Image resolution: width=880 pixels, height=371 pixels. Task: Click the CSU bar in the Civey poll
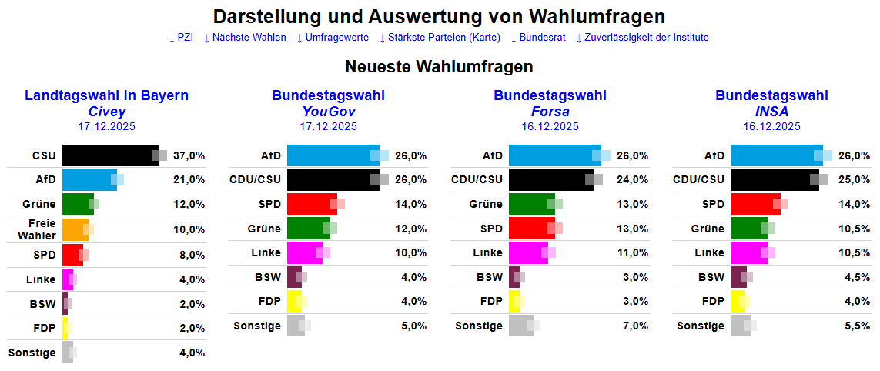coord(110,155)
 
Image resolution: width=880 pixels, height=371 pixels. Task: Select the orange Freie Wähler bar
coord(75,229)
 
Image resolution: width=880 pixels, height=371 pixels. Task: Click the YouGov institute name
coord(328,112)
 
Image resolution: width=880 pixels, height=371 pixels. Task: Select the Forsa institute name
coord(550,112)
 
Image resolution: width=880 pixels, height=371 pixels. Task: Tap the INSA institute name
coord(771,112)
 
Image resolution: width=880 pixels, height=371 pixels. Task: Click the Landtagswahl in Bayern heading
coord(106,95)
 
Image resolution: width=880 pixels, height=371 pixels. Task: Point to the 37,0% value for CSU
coord(189,155)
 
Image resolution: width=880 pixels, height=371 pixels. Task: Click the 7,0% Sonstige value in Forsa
coord(633,326)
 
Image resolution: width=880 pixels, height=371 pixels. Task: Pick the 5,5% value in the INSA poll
coord(855,326)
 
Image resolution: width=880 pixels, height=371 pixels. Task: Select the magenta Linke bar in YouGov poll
coord(304,252)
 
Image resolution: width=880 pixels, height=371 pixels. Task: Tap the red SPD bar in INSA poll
coord(755,204)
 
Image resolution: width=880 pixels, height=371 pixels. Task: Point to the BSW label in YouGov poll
coord(268,277)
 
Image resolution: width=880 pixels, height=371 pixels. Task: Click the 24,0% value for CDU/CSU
coord(633,179)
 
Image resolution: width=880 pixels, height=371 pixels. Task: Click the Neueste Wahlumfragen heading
coord(440,66)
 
